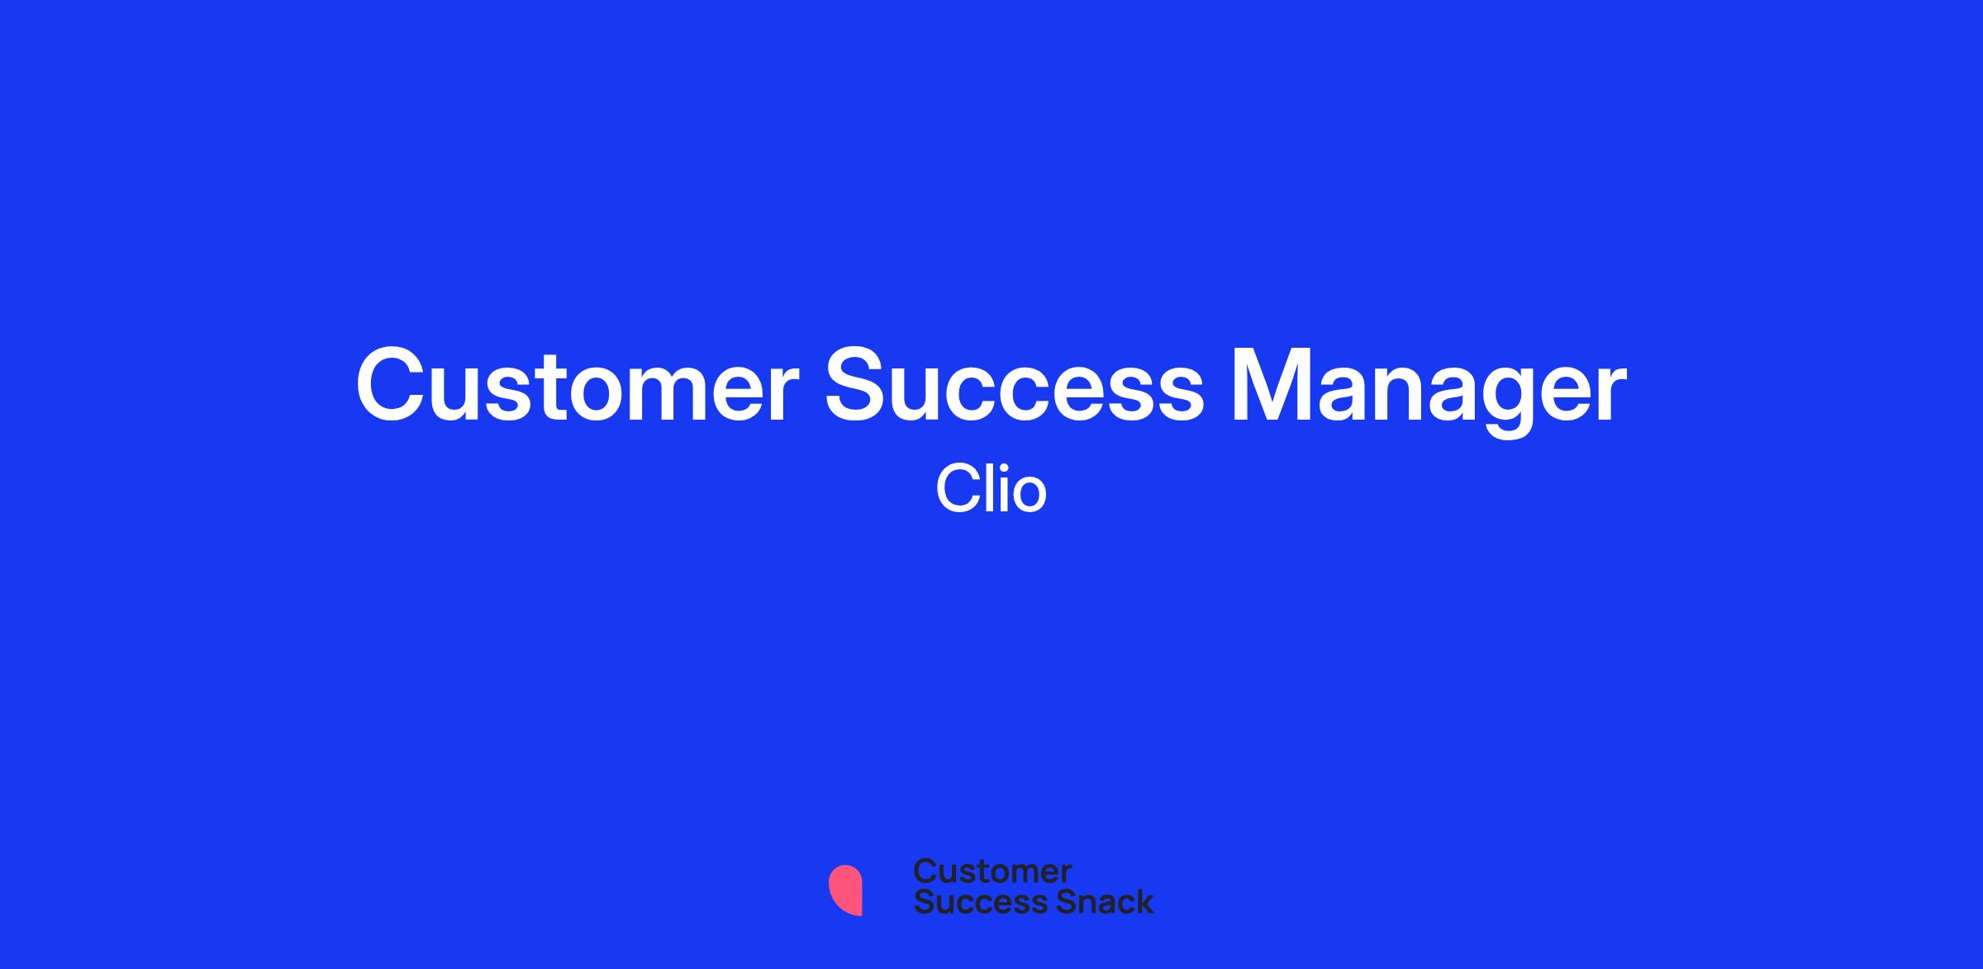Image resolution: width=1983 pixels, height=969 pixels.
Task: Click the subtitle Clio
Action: tap(991, 489)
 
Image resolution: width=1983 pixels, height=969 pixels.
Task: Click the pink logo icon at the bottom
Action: tap(846, 890)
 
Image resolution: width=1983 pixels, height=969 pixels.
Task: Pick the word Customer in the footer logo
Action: tap(992, 872)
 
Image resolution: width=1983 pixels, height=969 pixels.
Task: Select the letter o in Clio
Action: tap(1030, 496)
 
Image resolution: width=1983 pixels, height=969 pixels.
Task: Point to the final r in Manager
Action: tap(1611, 394)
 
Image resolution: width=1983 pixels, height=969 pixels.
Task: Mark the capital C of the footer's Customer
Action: tap(925, 872)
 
